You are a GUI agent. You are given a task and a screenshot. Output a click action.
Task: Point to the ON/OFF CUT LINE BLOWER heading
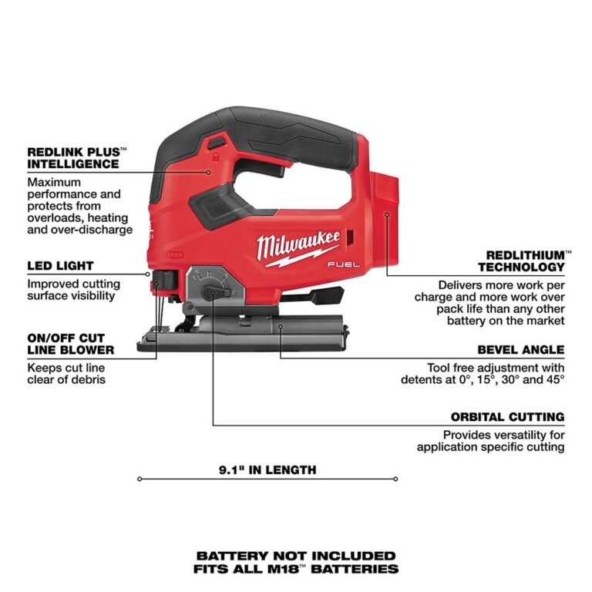pos(66,344)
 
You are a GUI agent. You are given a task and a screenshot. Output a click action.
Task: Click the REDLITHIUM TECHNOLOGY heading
pos(521,261)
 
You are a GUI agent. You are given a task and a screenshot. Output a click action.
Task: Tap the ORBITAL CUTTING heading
pos(507,417)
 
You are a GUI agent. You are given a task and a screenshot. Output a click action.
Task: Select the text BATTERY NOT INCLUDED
pos(296,555)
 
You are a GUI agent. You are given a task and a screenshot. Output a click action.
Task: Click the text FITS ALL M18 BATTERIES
pos(296,569)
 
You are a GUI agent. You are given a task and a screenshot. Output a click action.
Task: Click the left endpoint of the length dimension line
pos(140,479)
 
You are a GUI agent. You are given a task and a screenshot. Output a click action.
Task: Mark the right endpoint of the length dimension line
pos(396,479)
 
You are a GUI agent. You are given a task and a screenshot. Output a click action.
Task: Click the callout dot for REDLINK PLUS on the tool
pos(207,173)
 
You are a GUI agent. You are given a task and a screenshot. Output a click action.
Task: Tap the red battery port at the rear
pos(389,200)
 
